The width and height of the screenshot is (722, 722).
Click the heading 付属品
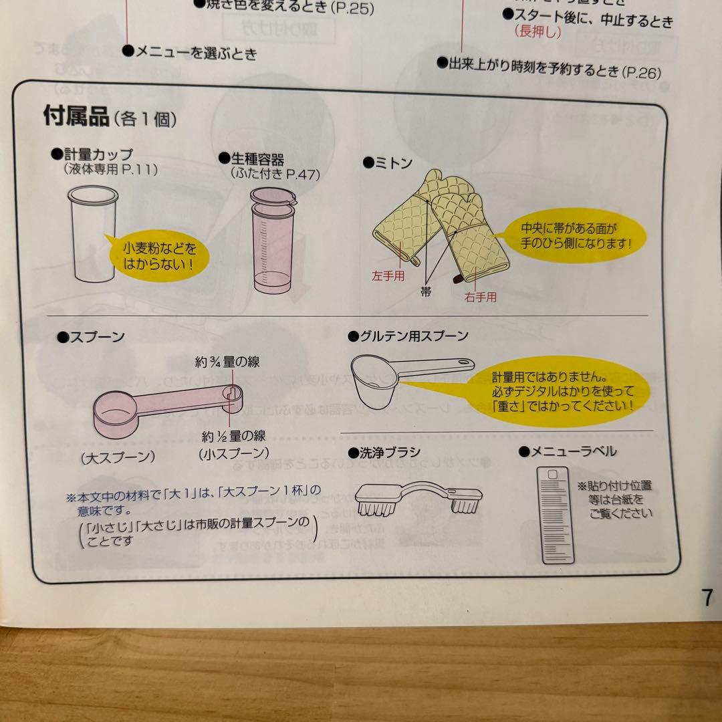[76, 117]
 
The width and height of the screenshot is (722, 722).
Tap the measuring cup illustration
[93, 234]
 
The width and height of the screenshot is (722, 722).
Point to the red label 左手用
[388, 275]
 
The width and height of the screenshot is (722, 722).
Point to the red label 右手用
[480, 297]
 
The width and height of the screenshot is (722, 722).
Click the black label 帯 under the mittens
[426, 291]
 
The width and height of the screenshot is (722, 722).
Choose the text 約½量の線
[233, 437]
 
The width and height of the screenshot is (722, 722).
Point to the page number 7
[707, 598]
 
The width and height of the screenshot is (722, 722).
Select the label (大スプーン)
[118, 458]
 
